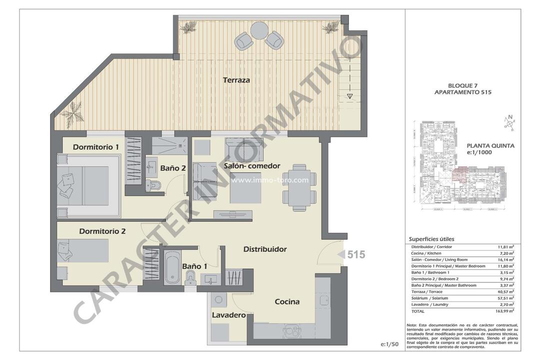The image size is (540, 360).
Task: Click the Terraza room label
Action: (236, 79)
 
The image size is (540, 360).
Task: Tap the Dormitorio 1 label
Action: (95, 147)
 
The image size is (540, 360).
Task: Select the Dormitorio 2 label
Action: (102, 231)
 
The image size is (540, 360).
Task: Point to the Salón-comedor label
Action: (252, 166)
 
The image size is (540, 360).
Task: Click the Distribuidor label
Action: (264, 249)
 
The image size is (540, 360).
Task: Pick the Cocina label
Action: (287, 301)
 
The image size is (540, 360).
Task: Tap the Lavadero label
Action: (228, 315)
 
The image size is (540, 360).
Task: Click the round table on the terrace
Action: (259, 30)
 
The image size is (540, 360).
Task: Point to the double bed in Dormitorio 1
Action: (88, 184)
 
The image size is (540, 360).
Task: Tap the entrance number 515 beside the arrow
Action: (356, 254)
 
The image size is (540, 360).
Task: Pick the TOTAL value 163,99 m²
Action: (504, 310)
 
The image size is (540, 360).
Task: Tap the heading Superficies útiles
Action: (431, 239)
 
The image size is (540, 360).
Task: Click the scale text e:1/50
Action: (389, 344)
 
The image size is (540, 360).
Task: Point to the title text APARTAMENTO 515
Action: (463, 92)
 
